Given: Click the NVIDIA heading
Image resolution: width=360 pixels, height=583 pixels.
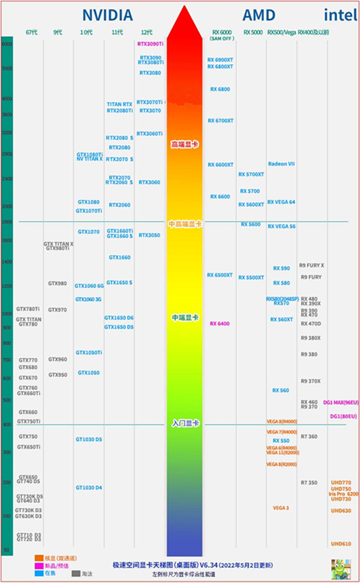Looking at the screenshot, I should pos(107,16).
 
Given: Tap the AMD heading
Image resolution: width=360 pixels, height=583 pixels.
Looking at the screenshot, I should pos(259,16).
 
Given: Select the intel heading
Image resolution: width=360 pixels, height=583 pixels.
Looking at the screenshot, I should pos(340,16).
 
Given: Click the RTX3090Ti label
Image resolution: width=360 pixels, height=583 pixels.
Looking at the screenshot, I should pos(150,44).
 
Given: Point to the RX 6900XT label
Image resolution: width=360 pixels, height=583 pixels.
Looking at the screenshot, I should pos(220,60).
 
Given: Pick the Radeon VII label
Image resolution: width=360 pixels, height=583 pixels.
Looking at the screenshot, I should pos(281,164).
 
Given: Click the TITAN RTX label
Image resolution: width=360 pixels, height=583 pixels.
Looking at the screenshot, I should pos(119,104).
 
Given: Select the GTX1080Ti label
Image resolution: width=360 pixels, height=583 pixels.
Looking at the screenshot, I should pos(89,155).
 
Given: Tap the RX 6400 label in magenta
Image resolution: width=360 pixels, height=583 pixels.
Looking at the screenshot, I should pos(220,324).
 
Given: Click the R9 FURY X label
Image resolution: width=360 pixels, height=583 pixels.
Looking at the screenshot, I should pos(311,265).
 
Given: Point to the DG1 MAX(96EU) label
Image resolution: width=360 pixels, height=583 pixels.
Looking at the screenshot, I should pos(341,402).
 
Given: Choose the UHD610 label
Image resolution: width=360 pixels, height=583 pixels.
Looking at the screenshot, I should pos(341,544).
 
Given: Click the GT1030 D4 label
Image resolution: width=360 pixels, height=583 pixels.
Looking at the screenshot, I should pos(89,488).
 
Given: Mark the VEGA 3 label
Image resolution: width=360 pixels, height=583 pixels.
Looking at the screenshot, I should pos(281,508).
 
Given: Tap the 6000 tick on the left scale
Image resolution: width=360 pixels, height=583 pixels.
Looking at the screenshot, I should pos(7,44).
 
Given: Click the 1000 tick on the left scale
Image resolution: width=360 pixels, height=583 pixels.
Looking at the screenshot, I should pos(7,314).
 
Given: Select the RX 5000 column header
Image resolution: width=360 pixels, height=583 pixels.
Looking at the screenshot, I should pos(253,32).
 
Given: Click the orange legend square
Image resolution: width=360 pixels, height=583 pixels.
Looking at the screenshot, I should pos(39,558).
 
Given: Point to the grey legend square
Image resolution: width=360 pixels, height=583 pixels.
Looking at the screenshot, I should pos(76,573).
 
